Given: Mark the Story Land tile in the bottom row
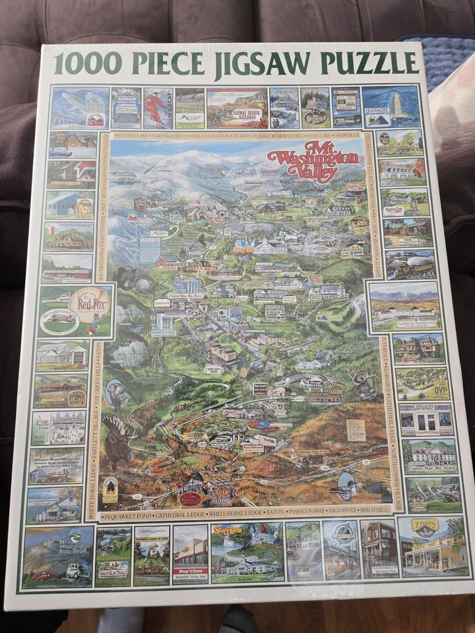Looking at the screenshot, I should point(246,553).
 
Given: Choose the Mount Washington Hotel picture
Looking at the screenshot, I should point(404,306).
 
